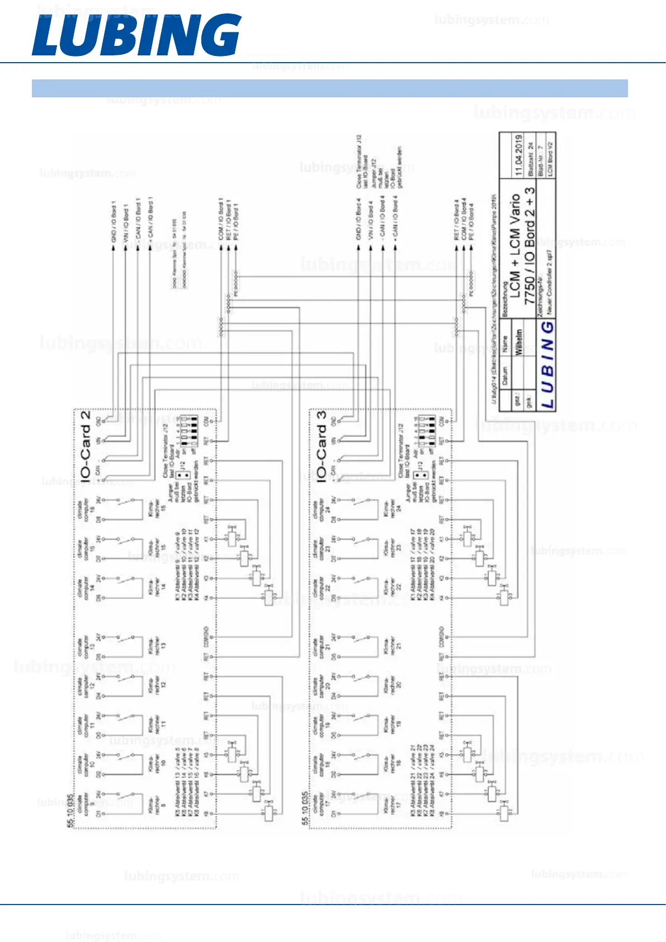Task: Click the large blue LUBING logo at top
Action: tap(136, 35)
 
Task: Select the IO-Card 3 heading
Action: tap(321, 446)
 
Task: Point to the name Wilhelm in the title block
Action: tap(518, 343)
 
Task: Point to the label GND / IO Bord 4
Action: tap(358, 219)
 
